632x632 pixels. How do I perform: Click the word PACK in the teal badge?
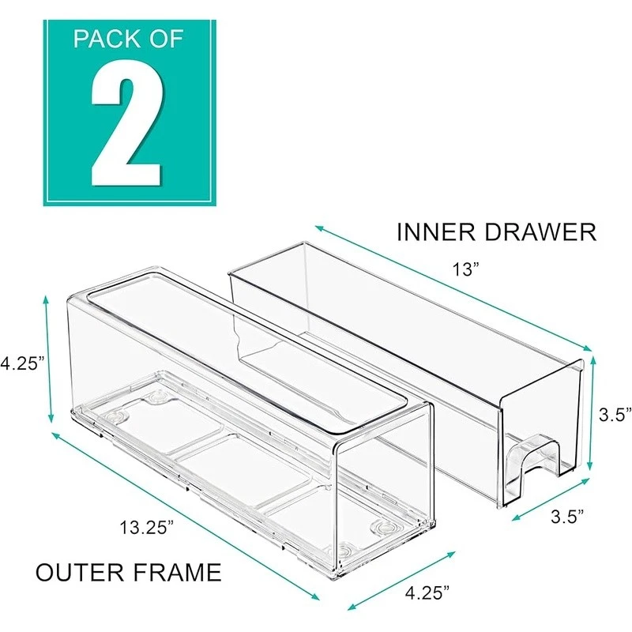click(x=105, y=39)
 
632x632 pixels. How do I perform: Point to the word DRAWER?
click(x=540, y=232)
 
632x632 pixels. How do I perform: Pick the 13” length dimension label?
click(x=466, y=269)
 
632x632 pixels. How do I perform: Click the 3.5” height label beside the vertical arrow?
click(x=615, y=414)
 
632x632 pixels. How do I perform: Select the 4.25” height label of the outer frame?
click(x=22, y=363)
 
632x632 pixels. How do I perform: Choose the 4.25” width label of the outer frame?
click(x=427, y=593)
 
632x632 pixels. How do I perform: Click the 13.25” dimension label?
click(x=146, y=527)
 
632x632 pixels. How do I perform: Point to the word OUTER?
click(x=80, y=572)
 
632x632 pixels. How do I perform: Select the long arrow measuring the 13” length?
click(x=453, y=288)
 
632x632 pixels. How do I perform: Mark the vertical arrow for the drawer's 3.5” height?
click(x=591, y=413)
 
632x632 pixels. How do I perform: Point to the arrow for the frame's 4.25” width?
click(x=401, y=581)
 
